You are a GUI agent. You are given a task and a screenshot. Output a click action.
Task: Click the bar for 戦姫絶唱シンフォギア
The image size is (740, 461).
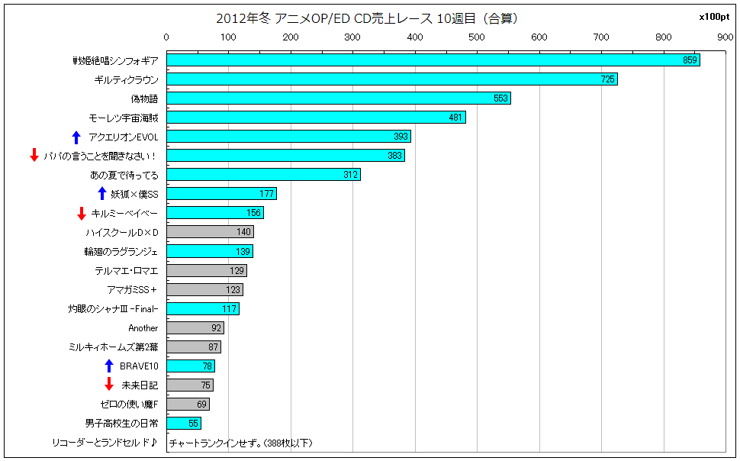433,60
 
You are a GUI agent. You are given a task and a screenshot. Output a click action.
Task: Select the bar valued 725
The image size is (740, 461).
391,79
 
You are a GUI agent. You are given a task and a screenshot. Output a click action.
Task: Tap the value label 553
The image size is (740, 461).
500,98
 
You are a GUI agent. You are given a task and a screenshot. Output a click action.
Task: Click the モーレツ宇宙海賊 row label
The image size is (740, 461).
124,118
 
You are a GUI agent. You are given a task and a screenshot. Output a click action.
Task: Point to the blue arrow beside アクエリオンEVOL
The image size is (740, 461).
76,137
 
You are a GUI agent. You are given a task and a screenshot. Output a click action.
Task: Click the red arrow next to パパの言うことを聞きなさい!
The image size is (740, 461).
34,154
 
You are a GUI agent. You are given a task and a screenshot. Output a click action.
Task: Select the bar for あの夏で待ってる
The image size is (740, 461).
263,174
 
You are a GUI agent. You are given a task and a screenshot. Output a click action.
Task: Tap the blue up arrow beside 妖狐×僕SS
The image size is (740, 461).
102,194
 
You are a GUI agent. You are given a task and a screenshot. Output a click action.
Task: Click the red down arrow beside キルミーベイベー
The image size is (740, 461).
81,214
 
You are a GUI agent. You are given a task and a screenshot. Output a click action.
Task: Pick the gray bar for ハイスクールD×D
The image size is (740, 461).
210,231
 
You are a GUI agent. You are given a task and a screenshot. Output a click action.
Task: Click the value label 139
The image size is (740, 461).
243,251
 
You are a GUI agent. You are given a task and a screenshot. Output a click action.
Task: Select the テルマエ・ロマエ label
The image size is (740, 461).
127,271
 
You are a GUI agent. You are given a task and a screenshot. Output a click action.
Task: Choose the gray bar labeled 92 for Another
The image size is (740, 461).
195,327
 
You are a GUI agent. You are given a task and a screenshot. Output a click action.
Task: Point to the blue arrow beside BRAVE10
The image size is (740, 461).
109,366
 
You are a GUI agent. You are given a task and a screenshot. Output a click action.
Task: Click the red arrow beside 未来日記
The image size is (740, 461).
109,384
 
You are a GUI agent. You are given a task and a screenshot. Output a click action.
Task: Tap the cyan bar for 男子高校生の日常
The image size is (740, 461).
184,423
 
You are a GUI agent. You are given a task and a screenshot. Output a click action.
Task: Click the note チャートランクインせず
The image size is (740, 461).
240,443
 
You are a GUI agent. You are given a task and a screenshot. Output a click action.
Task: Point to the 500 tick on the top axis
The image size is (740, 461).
477,37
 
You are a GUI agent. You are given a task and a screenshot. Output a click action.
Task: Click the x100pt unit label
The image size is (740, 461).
714,17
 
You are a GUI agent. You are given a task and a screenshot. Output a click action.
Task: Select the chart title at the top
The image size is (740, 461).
367,18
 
